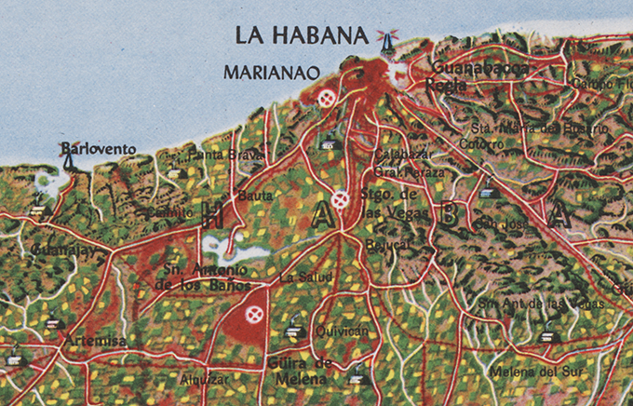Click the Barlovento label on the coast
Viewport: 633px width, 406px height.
(98, 148)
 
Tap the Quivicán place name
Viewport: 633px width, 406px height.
(337, 330)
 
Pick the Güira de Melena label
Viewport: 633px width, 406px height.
(300, 370)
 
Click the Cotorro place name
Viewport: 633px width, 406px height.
(482, 144)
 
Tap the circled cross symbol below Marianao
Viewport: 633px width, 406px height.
(326, 97)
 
